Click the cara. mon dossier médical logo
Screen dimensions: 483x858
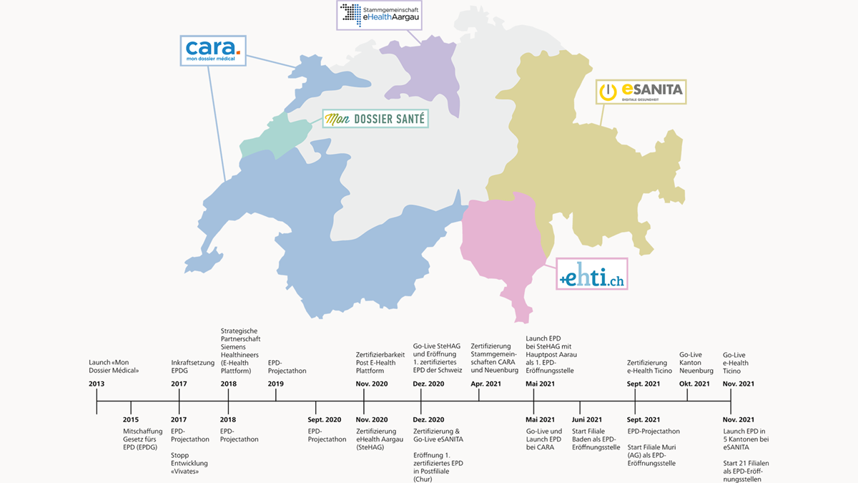coord(212,50)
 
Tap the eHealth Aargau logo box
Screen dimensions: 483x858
coord(379,14)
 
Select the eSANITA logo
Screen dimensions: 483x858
coord(641,92)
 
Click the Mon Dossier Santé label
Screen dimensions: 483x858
coord(375,119)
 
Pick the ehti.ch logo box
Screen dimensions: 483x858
coord(592,274)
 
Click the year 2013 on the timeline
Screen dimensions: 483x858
coord(97,384)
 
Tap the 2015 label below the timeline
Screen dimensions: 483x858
coord(131,419)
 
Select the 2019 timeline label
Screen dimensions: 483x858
coord(276,384)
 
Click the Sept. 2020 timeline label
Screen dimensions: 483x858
coord(325,419)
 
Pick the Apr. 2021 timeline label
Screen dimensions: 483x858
coord(486,384)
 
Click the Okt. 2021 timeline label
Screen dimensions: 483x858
coord(694,384)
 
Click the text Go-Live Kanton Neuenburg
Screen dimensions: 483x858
coord(696,362)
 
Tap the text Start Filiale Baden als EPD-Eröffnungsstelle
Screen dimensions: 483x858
coord(596,439)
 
